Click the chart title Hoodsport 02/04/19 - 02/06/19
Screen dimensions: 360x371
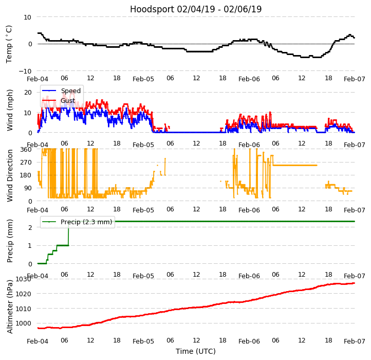click(196, 9)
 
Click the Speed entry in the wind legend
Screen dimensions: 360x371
click(70, 91)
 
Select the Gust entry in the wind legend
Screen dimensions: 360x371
click(67, 101)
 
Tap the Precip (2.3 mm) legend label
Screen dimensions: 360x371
click(83, 222)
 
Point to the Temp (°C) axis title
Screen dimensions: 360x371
click(9, 44)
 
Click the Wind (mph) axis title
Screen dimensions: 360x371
click(10, 110)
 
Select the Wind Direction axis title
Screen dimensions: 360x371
click(10, 175)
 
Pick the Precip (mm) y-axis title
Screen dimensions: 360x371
click(10, 241)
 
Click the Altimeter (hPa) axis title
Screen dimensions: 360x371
click(10, 307)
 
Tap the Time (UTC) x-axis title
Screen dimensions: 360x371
click(196, 351)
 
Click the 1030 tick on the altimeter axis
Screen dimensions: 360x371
click(24, 279)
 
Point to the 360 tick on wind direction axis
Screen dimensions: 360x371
click(26, 149)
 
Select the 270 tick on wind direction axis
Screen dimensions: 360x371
click(26, 162)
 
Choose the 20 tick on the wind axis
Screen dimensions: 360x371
click(28, 92)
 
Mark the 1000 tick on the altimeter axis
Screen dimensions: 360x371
click(24, 323)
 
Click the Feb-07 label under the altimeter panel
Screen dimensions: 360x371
click(355, 341)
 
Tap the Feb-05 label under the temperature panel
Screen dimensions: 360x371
click(143, 79)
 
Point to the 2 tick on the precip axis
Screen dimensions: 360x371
click(30, 227)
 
